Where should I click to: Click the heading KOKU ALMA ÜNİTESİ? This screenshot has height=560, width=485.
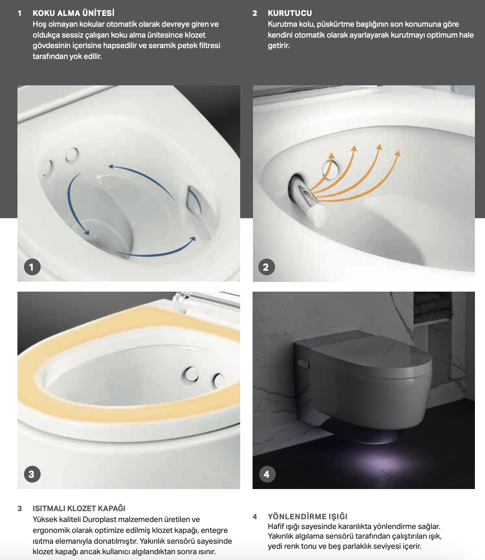73,13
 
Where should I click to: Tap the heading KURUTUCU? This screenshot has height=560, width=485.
290,13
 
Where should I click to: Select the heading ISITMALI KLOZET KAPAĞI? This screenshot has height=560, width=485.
79,508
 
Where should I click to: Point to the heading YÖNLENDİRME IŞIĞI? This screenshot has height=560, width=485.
308,517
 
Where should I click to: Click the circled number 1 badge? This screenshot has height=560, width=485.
32,267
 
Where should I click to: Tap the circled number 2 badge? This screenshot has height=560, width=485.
266,267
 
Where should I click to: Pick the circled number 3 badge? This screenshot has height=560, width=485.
32,474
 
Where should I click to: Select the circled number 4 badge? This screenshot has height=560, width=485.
267,474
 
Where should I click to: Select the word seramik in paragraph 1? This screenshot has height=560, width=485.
162,45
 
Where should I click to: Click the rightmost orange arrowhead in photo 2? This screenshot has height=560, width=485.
397,154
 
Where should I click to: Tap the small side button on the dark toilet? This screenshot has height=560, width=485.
303,363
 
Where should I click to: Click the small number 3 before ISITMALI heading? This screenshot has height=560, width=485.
20,508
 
